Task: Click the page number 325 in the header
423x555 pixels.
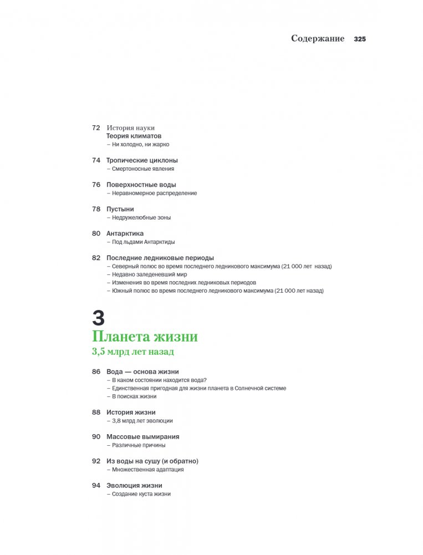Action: (x=360, y=39)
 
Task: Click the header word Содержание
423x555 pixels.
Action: (x=318, y=39)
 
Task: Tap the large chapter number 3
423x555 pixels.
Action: (x=98, y=318)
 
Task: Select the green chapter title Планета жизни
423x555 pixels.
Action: (x=145, y=337)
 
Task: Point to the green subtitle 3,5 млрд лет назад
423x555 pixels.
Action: (x=132, y=352)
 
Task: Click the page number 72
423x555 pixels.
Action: (x=96, y=128)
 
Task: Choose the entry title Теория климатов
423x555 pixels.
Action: (x=134, y=136)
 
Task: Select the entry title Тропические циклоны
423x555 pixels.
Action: (x=142, y=160)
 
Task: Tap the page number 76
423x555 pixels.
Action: (x=96, y=185)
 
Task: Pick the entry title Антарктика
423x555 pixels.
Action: (x=125, y=233)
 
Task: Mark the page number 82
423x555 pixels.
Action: (x=96, y=258)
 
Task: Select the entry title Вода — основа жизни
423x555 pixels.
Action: (x=142, y=371)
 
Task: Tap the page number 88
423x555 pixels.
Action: (x=96, y=412)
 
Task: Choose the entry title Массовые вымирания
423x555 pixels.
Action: (x=142, y=436)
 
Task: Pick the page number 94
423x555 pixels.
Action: (x=96, y=485)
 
